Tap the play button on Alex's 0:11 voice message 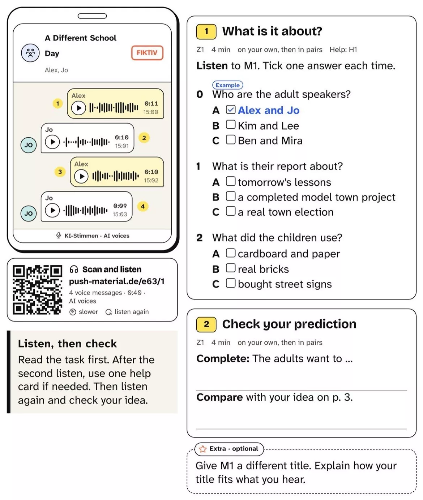pyautogui.click(x=78, y=108)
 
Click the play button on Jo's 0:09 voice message pyautogui.click(x=52, y=210)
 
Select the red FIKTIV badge pyautogui.click(x=147, y=53)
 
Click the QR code pyautogui.click(x=37, y=290)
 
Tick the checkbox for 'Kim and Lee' pyautogui.click(x=231, y=124)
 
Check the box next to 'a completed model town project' pyautogui.click(x=231, y=196)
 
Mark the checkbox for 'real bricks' pyautogui.click(x=231, y=268)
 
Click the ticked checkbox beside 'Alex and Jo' pyautogui.click(x=231, y=109)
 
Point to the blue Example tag pyautogui.click(x=228, y=85)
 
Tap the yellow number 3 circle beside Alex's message pyautogui.click(x=60, y=172)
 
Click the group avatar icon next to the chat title pyautogui.click(x=30, y=53)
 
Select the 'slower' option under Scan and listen pyautogui.click(x=84, y=312)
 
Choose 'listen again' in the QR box pyautogui.click(x=127, y=312)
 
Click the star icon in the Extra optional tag pyautogui.click(x=203, y=449)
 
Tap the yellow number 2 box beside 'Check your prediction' pyautogui.click(x=206, y=324)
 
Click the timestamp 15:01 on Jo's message pyautogui.click(x=122, y=146)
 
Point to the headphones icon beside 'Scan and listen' pyautogui.click(x=74, y=269)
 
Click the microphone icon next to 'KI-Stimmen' pyautogui.click(x=59, y=235)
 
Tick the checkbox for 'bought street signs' pyautogui.click(x=231, y=283)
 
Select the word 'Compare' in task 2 pyautogui.click(x=219, y=397)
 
